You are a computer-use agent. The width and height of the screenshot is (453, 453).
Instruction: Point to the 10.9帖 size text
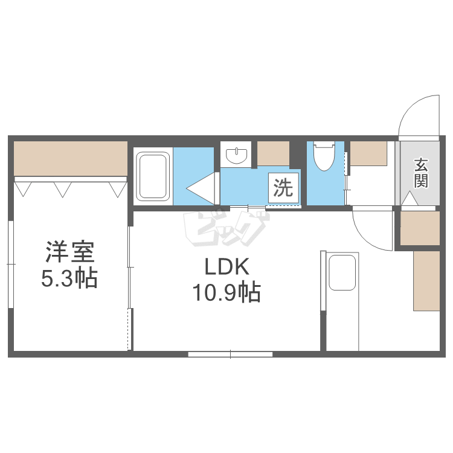[x=226, y=294]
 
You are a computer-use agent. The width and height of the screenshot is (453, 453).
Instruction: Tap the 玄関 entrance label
[x=421, y=173]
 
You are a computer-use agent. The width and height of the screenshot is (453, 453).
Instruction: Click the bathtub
[x=152, y=176]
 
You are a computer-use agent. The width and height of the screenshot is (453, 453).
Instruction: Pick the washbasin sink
[x=237, y=156]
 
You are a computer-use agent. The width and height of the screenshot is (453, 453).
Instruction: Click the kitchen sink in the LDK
[x=342, y=273]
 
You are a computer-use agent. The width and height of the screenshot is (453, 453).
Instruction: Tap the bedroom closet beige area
[x=71, y=158]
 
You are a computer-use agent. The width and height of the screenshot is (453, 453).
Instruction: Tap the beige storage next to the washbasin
[x=273, y=154]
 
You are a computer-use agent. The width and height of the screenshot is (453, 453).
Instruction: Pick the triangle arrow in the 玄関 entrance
[x=409, y=198]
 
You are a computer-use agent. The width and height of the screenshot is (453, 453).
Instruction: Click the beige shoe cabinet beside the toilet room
[x=368, y=154]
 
